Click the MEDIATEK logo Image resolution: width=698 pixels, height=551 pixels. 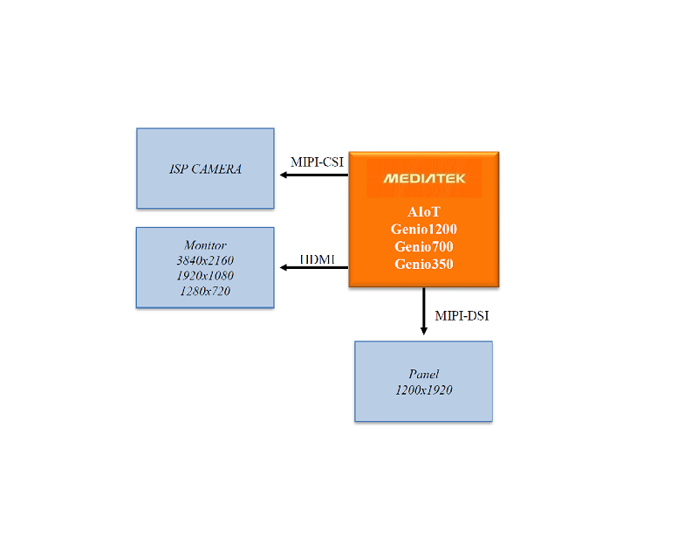(424, 179)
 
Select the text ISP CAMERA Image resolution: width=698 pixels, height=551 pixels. (205, 169)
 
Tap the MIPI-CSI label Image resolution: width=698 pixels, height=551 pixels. (317, 162)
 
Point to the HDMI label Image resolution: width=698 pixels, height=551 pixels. (317, 259)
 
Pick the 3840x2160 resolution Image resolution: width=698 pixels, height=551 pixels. (205, 260)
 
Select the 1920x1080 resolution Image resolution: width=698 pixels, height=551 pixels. (205, 275)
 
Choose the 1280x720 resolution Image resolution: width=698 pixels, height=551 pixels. (205, 291)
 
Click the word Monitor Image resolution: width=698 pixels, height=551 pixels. (205, 245)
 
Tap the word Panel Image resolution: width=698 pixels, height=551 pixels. (424, 374)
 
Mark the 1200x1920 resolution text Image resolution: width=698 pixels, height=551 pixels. (424, 389)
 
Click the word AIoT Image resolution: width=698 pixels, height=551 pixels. (424, 212)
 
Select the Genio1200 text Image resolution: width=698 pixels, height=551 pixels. (424, 229)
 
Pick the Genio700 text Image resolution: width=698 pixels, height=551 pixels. (424, 246)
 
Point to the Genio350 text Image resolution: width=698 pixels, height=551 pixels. (424, 264)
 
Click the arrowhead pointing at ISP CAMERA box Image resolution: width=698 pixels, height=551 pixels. (284, 176)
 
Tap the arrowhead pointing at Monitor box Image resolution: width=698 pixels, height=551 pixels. (284, 267)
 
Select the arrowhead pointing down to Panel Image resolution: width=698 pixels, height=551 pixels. (424, 330)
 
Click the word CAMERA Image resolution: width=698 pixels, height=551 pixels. (216, 169)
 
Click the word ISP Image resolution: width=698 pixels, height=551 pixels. (177, 169)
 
